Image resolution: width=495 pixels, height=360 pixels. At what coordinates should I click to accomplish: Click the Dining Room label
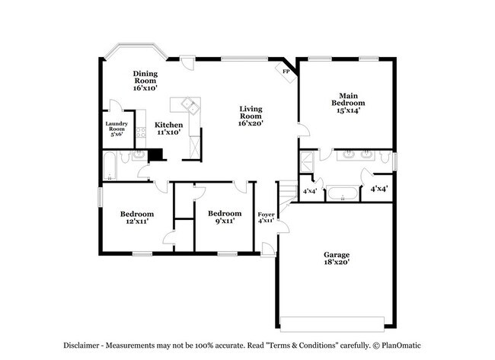click(x=145, y=81)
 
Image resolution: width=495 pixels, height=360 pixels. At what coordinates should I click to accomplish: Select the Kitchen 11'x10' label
click(x=168, y=128)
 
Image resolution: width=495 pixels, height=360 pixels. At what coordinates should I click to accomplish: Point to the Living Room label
click(x=251, y=116)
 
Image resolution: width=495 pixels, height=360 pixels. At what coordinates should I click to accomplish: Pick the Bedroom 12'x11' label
click(x=137, y=218)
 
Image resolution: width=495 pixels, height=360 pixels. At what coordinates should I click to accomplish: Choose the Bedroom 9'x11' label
click(x=225, y=217)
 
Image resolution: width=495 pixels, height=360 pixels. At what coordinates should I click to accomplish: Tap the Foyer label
click(x=265, y=218)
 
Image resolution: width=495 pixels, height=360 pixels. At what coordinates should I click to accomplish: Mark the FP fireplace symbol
click(x=286, y=72)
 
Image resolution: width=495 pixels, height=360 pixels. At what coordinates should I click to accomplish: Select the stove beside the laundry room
click(x=141, y=135)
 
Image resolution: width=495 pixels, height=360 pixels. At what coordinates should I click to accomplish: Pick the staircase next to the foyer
click(x=286, y=193)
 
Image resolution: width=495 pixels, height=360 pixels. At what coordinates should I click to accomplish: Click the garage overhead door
click(x=331, y=318)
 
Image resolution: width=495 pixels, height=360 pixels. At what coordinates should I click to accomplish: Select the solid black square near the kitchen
click(x=157, y=155)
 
